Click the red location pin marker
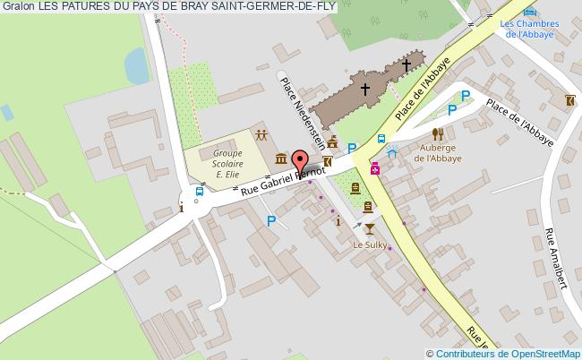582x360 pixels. [x=300, y=162]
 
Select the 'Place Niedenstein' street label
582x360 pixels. [x=299, y=116]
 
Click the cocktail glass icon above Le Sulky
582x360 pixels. [x=368, y=227]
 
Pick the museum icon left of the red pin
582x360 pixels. [x=281, y=159]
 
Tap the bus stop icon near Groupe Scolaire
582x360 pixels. [x=199, y=190]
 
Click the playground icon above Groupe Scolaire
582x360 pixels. [x=260, y=136]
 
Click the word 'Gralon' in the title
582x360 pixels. [x=16, y=7]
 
